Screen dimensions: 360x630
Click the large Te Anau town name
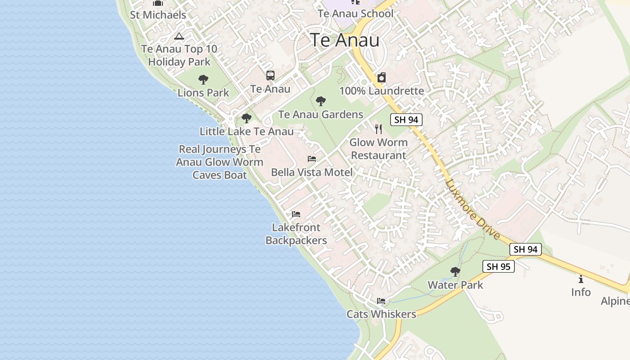point(345,40)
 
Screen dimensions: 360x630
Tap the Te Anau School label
point(355,13)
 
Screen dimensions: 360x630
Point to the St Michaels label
point(158,15)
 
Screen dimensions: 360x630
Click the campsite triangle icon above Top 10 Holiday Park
point(179,36)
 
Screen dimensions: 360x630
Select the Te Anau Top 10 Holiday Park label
point(179,55)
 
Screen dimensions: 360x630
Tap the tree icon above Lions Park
point(203,80)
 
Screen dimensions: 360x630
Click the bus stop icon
point(270,76)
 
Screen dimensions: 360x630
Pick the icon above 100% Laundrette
point(382,77)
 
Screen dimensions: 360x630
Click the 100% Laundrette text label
point(382,91)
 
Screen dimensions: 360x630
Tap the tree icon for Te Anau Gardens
point(321,101)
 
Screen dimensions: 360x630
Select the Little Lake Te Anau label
point(247,131)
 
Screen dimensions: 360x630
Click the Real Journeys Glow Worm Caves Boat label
point(220,162)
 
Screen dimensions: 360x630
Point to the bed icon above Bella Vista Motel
point(312,159)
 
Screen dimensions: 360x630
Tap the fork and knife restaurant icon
point(378,129)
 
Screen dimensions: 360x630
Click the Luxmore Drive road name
point(472,209)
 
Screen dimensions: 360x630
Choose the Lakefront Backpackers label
point(296,234)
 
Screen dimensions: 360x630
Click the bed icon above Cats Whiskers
point(381,301)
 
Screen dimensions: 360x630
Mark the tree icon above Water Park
point(455,272)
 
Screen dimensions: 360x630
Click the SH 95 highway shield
point(499,266)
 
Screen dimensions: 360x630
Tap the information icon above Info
point(581,279)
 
